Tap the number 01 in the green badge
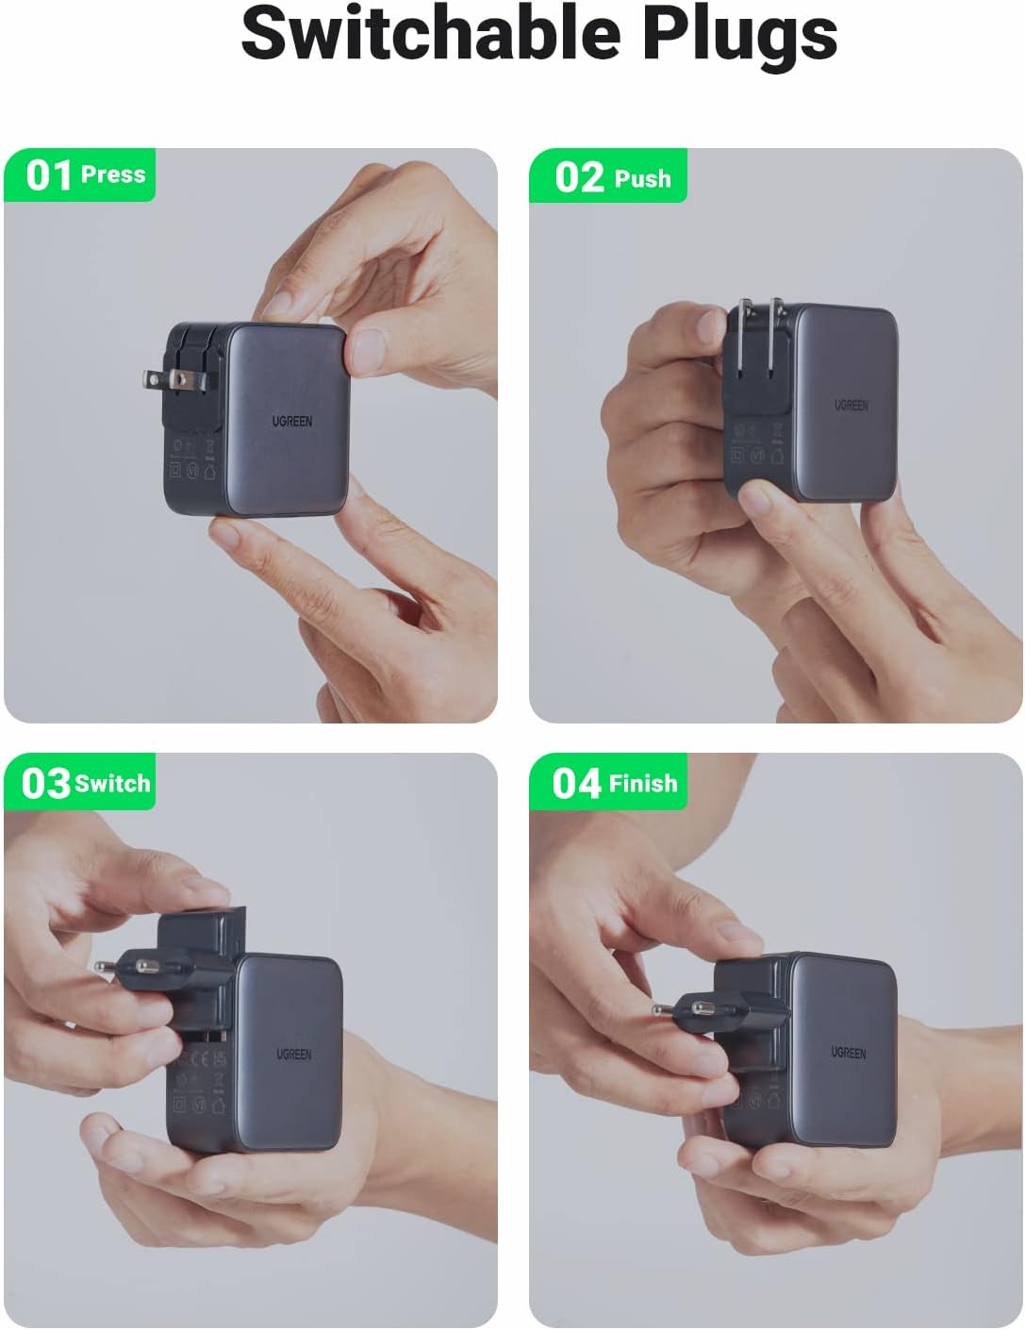point(48,175)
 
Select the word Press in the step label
point(113,175)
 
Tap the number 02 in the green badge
point(579,177)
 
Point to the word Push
point(642,178)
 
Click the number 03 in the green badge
point(46,784)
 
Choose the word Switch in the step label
point(112,784)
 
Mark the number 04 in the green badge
point(576,784)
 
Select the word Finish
point(642,784)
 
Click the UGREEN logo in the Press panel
point(292,422)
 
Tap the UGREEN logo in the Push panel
point(850,405)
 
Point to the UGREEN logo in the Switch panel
point(293,1054)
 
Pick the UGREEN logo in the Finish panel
point(848,1052)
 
